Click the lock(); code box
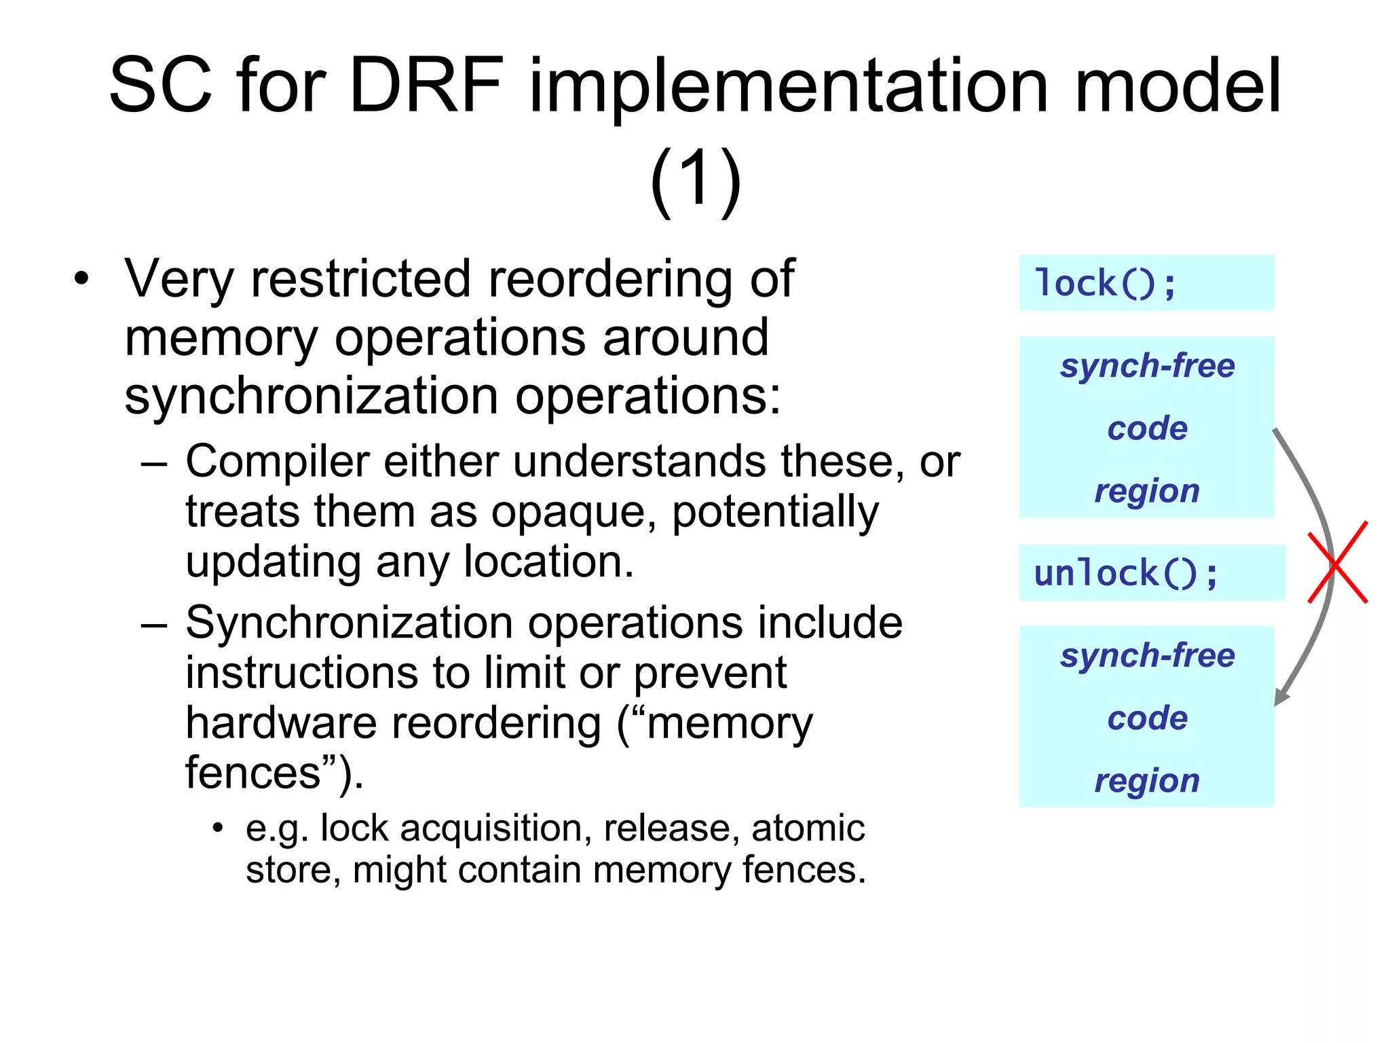1146,283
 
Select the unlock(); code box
1152,573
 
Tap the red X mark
1337,563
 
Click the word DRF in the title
426,86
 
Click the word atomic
808,828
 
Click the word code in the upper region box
1147,428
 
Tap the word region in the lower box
1147,780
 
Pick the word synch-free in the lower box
1147,655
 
